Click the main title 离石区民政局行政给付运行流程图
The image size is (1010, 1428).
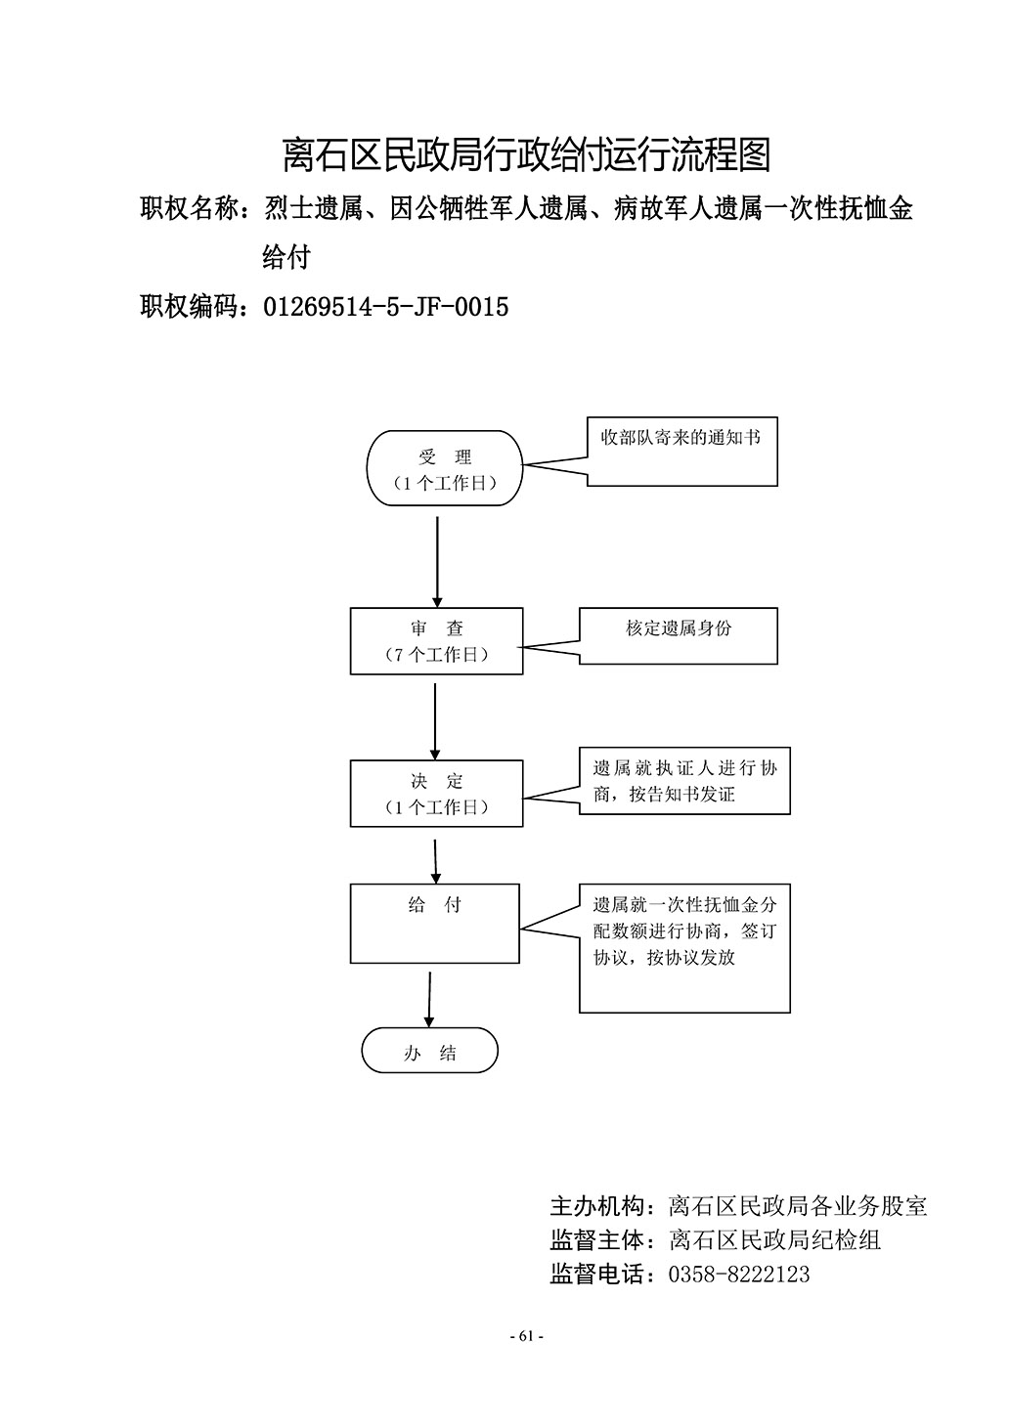point(527,154)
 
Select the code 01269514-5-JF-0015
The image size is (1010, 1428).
point(386,307)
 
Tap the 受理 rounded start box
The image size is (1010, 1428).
point(445,468)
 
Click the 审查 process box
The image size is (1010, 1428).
point(437,640)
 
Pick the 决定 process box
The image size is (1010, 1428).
point(437,793)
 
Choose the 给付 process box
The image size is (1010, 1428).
point(435,924)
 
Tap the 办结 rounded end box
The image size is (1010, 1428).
point(430,1051)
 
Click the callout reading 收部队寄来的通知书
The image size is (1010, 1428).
point(681,452)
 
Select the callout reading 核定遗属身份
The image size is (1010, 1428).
point(678,635)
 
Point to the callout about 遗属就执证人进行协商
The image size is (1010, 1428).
point(684,781)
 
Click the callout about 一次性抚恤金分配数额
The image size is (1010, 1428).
point(684,948)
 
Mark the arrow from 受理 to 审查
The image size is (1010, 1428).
point(437,562)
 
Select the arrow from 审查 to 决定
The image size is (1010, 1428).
point(435,721)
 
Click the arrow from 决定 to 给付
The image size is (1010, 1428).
point(435,861)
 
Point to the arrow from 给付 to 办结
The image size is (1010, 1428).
point(429,1000)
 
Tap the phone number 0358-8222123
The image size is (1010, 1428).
point(739,1275)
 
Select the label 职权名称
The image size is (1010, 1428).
point(189,208)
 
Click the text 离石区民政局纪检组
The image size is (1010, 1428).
point(774,1240)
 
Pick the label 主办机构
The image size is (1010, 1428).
point(598,1205)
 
